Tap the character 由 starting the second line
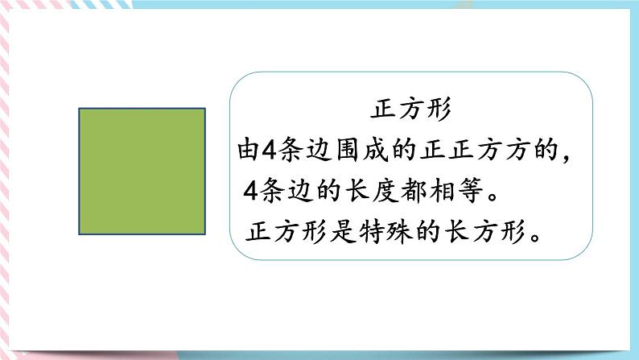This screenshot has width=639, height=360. (247, 151)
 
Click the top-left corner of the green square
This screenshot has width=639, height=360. (79, 108)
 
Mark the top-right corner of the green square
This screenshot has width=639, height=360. (205, 108)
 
